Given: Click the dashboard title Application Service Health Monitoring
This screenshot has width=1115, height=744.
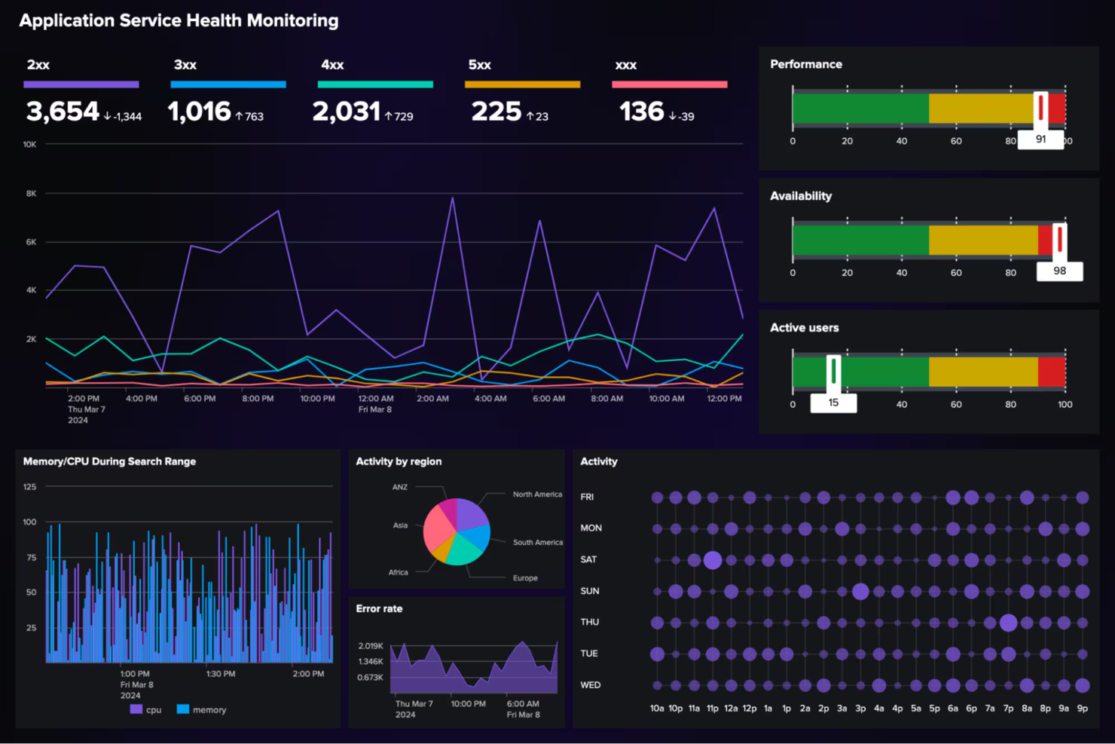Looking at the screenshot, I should pyautogui.click(x=179, y=20).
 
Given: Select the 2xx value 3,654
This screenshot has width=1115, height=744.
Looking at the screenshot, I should pyautogui.click(x=63, y=112).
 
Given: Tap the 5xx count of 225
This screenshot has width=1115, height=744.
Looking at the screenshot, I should pyautogui.click(x=496, y=112).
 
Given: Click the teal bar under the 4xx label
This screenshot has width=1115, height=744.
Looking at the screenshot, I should pyautogui.click(x=375, y=84).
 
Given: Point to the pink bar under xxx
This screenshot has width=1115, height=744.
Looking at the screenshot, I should pyautogui.click(x=669, y=84).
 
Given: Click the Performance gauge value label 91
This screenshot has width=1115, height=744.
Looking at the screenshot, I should pyautogui.click(x=1040, y=139).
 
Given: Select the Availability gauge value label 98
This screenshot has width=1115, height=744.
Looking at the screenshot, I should pyautogui.click(x=1059, y=271).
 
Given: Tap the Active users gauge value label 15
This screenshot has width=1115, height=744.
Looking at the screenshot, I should pyautogui.click(x=833, y=403).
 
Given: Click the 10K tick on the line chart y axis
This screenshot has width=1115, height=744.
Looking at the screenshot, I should pyautogui.click(x=29, y=144).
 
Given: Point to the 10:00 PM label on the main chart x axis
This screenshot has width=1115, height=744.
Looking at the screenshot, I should pyautogui.click(x=317, y=399).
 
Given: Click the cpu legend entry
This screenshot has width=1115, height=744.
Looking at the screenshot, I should pyautogui.click(x=146, y=709).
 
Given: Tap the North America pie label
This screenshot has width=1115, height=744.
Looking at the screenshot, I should pyautogui.click(x=537, y=494).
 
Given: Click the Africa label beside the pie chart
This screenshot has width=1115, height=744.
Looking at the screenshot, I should pyautogui.click(x=398, y=572).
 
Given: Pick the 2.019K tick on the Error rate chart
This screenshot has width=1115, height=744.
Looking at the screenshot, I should pyautogui.click(x=370, y=646).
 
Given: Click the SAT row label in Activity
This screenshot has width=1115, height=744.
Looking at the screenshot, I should pyautogui.click(x=588, y=559).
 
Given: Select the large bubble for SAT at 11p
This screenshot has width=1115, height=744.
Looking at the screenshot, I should pyautogui.click(x=712, y=560).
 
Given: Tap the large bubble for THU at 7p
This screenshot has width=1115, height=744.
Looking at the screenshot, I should pyautogui.click(x=1008, y=623).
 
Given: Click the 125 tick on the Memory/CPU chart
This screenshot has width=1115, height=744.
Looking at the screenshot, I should pyautogui.click(x=29, y=487).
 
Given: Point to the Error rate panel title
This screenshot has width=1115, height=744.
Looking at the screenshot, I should pyautogui.click(x=379, y=608).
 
